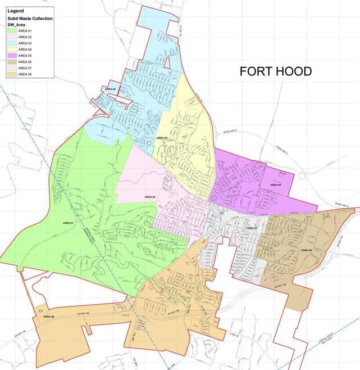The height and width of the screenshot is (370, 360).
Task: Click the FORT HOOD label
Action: coord(275,71)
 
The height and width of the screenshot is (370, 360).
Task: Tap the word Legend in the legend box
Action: coord(15,11)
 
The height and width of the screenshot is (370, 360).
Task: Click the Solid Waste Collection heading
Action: coord(30,19)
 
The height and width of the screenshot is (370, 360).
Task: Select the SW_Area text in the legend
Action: coord(17,25)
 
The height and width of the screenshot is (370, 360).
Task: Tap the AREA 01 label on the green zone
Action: coord(69,223)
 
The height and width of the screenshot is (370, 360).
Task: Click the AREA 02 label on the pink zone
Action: coord(149,197)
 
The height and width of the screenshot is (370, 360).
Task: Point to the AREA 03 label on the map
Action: coord(110,89)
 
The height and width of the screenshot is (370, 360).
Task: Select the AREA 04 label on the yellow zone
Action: coord(162,138)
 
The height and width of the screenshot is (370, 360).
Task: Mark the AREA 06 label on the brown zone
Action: coord(306,250)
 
